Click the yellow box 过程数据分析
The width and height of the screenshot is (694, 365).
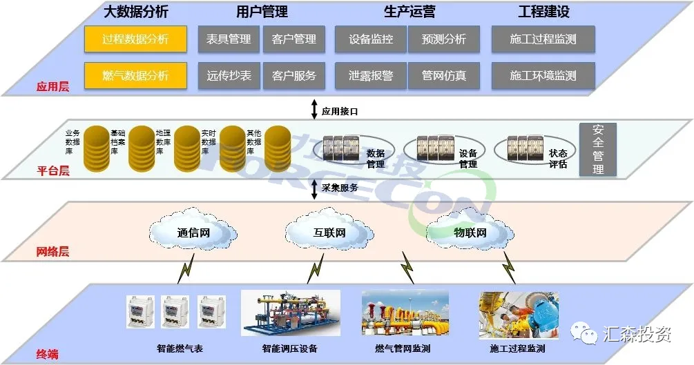(x=135, y=39)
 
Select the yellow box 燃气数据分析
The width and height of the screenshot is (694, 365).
(x=135, y=75)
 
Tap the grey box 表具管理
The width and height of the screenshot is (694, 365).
(x=229, y=39)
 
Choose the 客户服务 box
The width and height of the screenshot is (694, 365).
(x=294, y=75)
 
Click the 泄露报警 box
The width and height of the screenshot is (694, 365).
(x=370, y=75)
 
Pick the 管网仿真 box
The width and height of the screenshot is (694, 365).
(x=443, y=75)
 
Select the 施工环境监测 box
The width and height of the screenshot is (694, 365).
(x=543, y=75)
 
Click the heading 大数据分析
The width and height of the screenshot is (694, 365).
(x=135, y=12)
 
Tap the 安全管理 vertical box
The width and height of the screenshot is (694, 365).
(x=597, y=149)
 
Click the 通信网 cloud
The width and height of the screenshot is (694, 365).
(x=193, y=232)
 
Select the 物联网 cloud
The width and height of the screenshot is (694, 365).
(x=470, y=233)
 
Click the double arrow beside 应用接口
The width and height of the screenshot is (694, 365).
(x=314, y=110)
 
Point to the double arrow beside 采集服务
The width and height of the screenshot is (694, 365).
(x=314, y=188)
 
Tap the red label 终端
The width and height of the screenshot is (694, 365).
(x=47, y=355)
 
